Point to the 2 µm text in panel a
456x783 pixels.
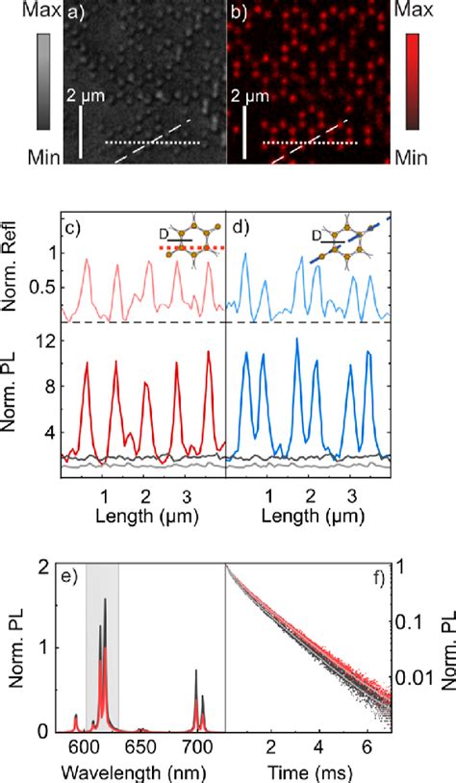click(x=83, y=96)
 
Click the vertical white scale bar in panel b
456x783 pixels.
click(x=245, y=131)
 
